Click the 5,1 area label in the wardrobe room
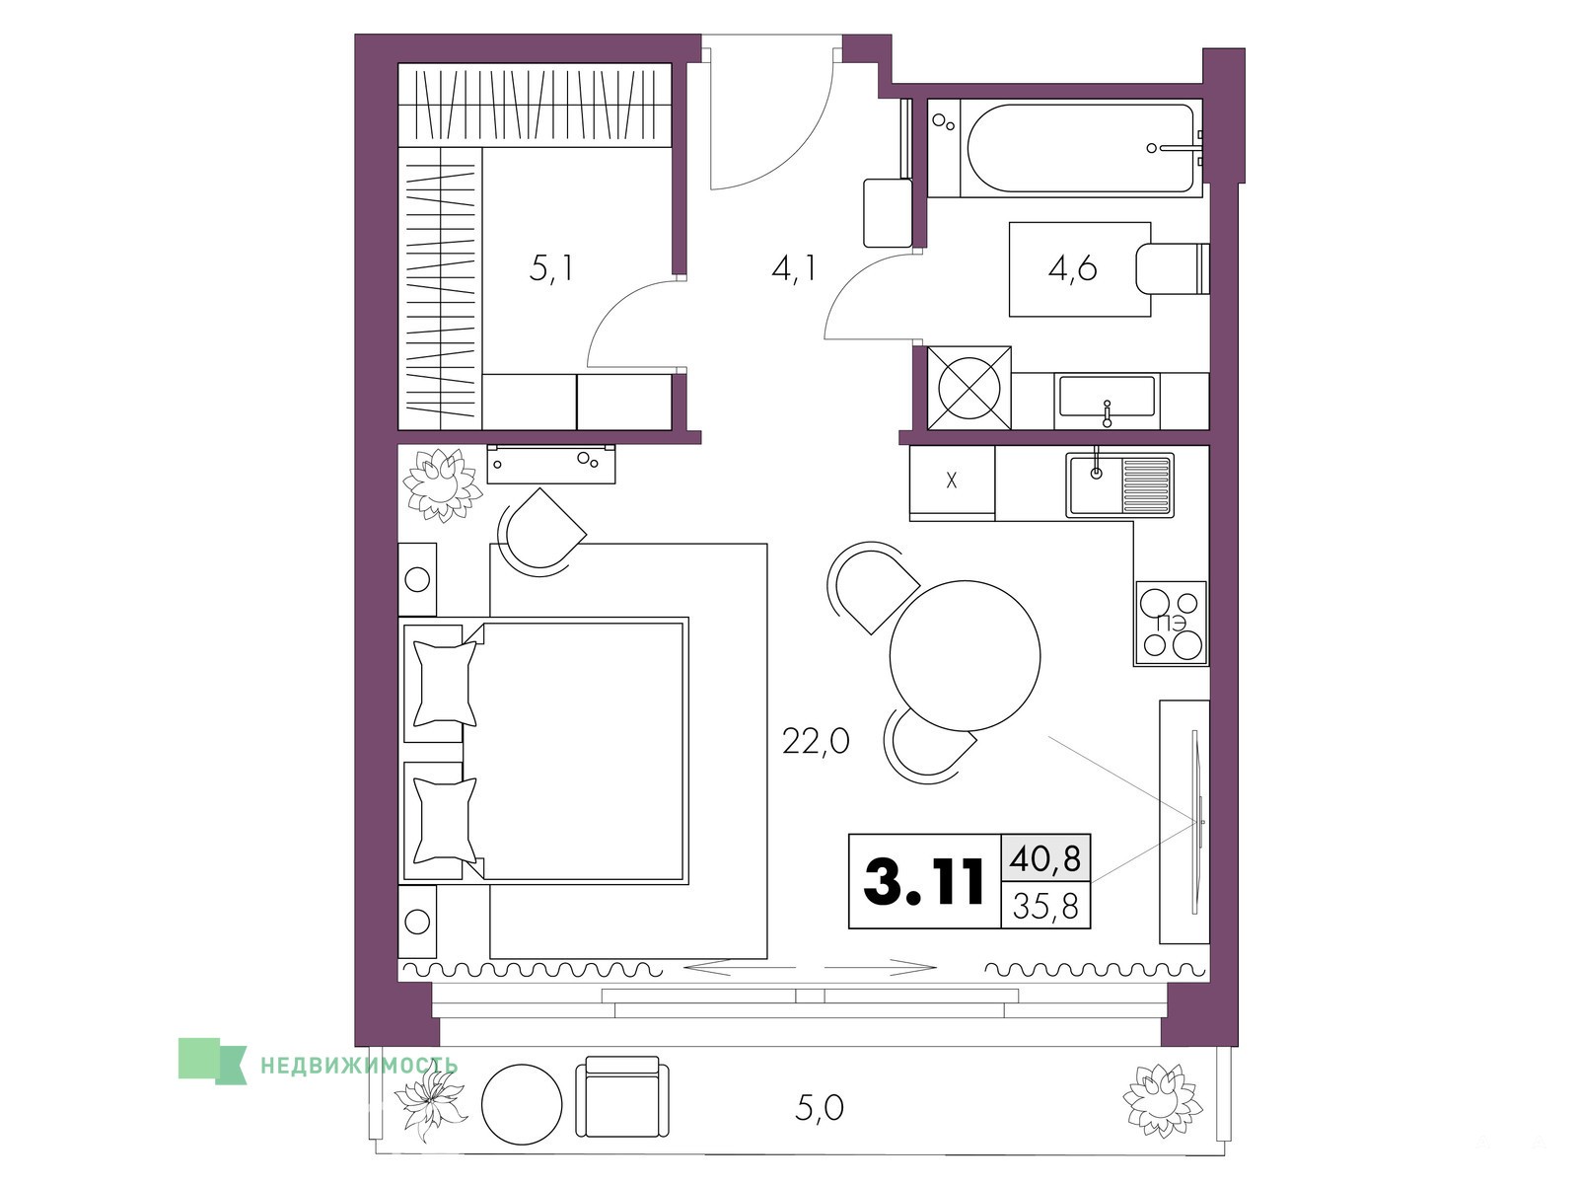551,268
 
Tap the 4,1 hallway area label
793,268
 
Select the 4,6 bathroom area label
1072,268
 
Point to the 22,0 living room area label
816,740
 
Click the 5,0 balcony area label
819,1108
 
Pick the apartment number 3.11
924,882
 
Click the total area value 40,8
1045,858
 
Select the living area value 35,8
1045,907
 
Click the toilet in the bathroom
1172,268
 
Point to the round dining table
965,655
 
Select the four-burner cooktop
1171,624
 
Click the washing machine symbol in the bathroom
969,388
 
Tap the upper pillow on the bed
445,684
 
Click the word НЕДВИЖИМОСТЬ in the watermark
359,1066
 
